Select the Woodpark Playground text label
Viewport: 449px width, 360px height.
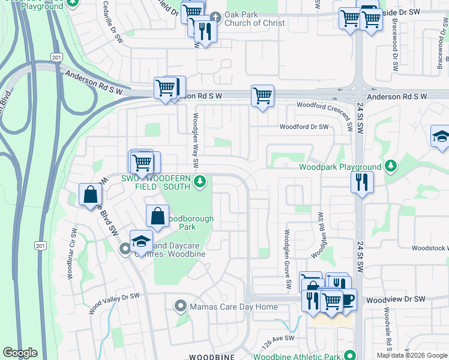340,167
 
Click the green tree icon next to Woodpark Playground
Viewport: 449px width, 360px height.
391,164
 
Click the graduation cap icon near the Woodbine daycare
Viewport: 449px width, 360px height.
141,241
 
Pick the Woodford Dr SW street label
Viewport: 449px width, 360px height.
304,127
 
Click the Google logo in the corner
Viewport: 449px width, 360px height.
20,353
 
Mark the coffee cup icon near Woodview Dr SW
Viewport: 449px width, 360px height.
347,299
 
